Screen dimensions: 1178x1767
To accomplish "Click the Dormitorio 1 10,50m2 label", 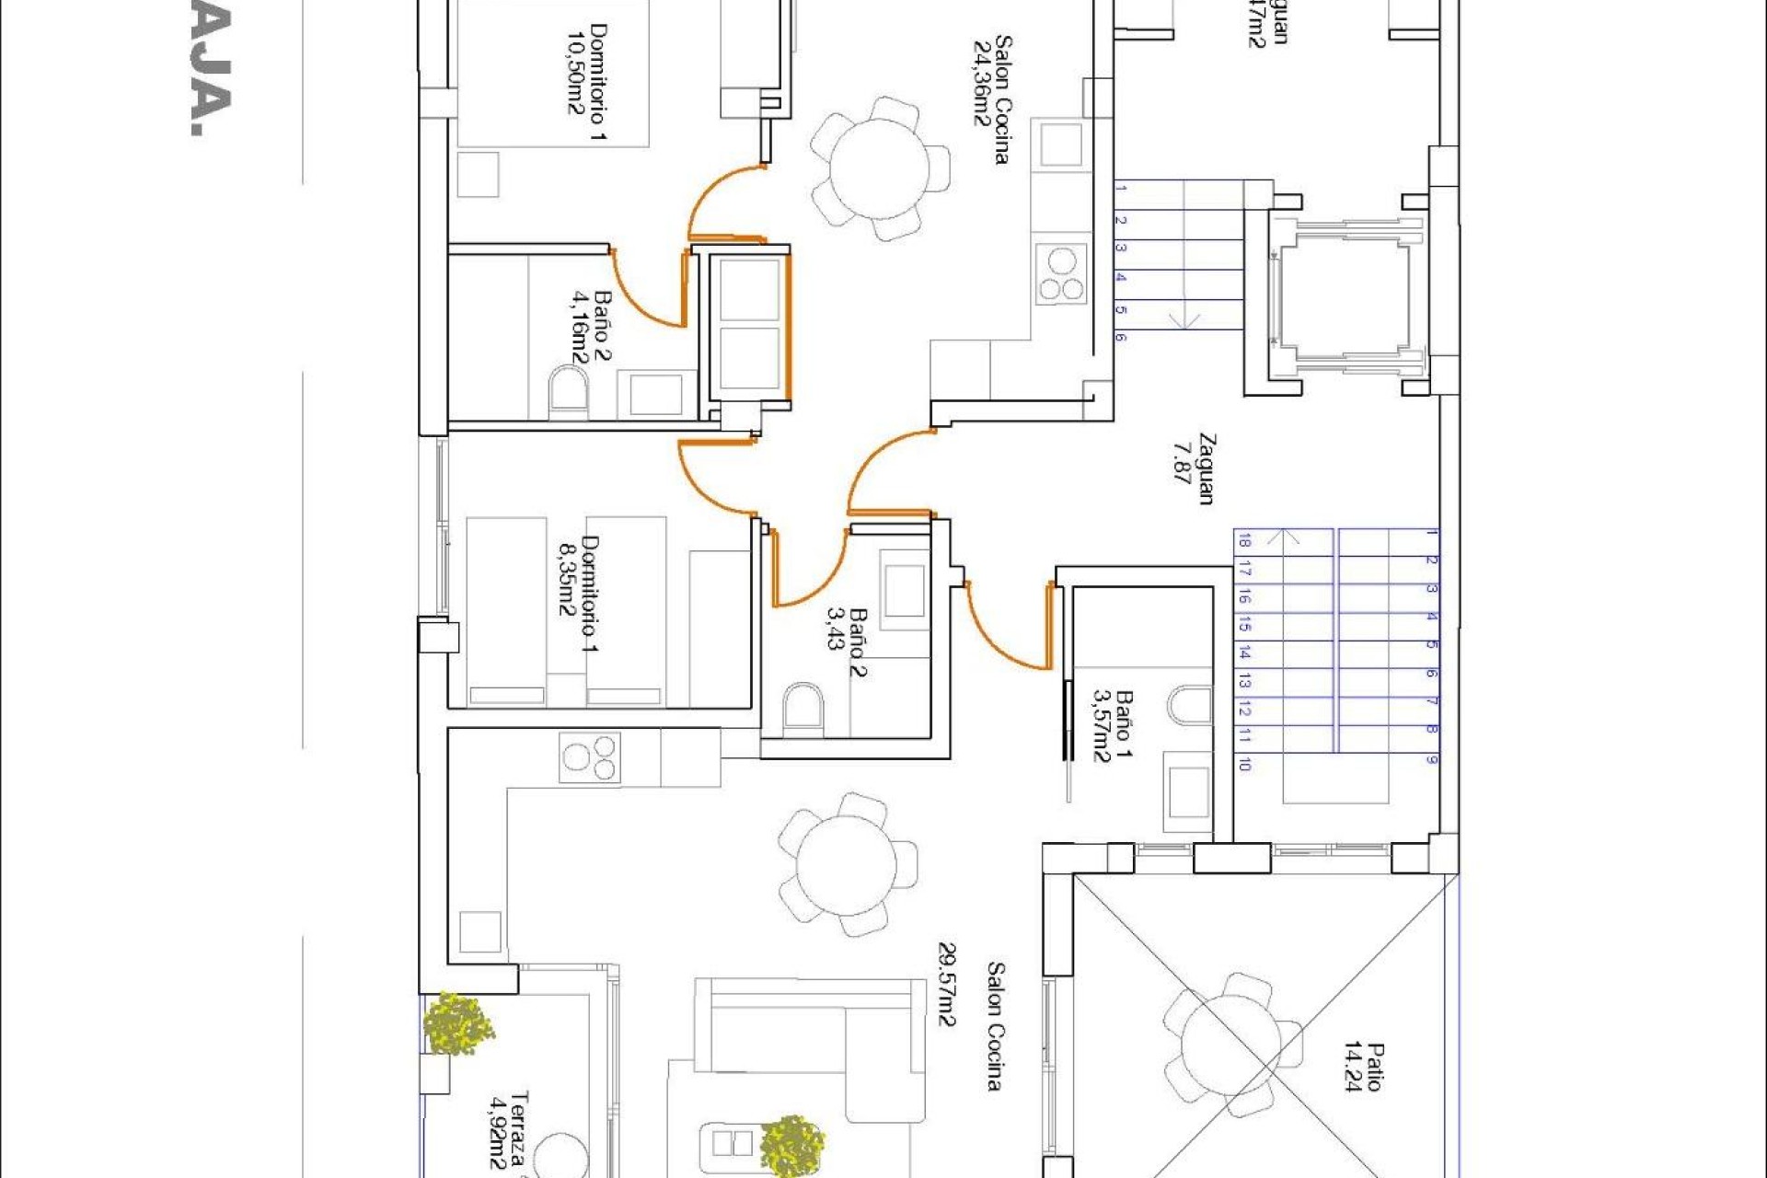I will (586, 84).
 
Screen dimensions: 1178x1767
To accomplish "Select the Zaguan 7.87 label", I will (1194, 468).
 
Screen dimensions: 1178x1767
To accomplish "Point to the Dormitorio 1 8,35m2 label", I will (579, 594).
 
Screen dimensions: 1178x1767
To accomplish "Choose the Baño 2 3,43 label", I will (847, 641).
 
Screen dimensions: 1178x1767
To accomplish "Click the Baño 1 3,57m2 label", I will (1112, 726).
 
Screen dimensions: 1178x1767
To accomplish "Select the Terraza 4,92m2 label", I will (509, 1130).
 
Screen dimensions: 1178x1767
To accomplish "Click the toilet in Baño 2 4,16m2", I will (568, 391).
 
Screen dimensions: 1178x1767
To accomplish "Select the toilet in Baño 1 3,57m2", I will (1191, 704).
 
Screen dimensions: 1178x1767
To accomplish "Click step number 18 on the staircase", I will (1244, 540).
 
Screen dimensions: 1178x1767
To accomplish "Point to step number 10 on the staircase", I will (1244, 764).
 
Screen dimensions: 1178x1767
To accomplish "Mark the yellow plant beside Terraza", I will (457, 1022).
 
